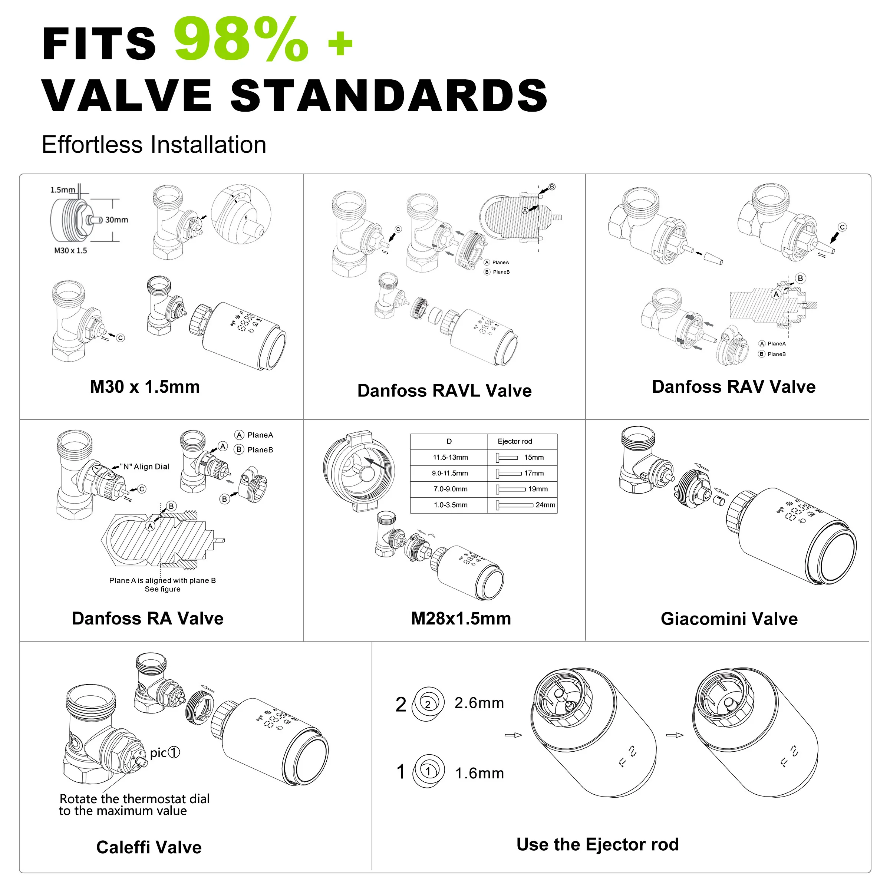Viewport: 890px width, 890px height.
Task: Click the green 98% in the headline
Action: click(x=241, y=40)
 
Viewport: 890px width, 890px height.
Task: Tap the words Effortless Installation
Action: click(x=154, y=145)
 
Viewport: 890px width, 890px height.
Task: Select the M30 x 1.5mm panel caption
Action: click(x=145, y=387)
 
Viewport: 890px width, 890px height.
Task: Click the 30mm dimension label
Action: click(x=116, y=220)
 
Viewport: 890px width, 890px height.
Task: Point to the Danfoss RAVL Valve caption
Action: click(x=445, y=390)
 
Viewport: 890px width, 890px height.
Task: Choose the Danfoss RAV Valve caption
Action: click(x=734, y=386)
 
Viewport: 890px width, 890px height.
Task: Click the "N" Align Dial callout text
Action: click(x=145, y=467)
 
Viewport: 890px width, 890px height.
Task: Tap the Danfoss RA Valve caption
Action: click(x=148, y=618)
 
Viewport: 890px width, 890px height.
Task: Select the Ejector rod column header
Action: click(x=515, y=441)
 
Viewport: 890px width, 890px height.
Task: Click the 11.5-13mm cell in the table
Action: click(x=450, y=458)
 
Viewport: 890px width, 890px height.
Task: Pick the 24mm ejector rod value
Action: click(x=545, y=505)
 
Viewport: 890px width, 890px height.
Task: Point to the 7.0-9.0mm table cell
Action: click(x=450, y=489)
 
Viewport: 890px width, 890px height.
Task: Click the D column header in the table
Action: click(x=449, y=441)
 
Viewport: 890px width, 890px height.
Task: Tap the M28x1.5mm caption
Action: click(x=461, y=618)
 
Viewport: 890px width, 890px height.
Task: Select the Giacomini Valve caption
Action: click(x=729, y=619)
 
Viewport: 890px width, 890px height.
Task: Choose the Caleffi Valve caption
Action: click(x=149, y=847)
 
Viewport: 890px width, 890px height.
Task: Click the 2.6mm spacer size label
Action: click(x=479, y=702)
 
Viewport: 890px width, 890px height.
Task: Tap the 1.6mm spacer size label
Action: click(x=479, y=773)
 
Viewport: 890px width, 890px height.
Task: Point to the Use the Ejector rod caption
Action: click(x=597, y=844)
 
